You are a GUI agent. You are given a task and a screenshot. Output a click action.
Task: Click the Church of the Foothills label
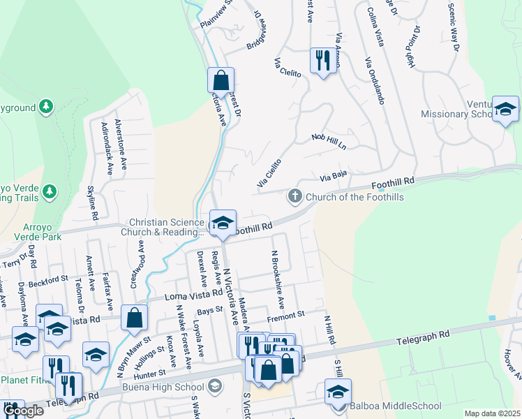click(x=354, y=197)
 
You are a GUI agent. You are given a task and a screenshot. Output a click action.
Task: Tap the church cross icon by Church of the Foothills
click(x=295, y=196)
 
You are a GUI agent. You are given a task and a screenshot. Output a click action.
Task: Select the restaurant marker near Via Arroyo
click(x=323, y=61)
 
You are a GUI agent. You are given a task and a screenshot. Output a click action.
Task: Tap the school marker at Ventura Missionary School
click(x=505, y=109)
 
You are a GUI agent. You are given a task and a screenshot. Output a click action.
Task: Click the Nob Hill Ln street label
click(x=329, y=141)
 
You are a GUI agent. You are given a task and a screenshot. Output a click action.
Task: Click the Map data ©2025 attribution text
click(x=493, y=413)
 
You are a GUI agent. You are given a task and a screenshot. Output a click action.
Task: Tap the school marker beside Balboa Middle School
click(x=338, y=391)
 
